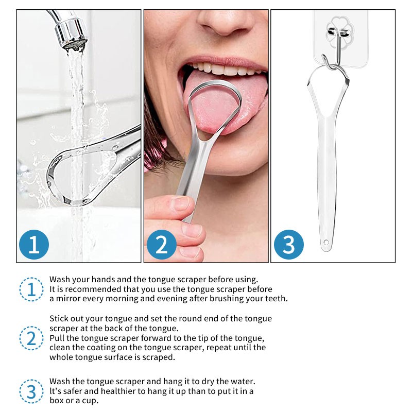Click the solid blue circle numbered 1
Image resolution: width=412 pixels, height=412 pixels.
coord(33,245)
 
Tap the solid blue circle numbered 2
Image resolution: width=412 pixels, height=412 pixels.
coord(162,245)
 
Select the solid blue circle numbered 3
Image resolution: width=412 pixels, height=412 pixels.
coord(289,245)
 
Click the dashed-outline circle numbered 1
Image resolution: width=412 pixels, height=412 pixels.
coord(31,289)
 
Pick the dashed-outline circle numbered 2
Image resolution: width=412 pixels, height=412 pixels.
coord(31,338)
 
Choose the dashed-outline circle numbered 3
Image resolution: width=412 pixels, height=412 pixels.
coord(31,391)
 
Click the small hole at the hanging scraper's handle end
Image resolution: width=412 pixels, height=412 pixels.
coord(325,242)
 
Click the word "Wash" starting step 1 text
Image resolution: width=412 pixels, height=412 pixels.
coord(60,279)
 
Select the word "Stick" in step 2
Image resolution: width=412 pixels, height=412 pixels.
coord(60,319)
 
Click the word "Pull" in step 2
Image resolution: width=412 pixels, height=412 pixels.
coord(57,338)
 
